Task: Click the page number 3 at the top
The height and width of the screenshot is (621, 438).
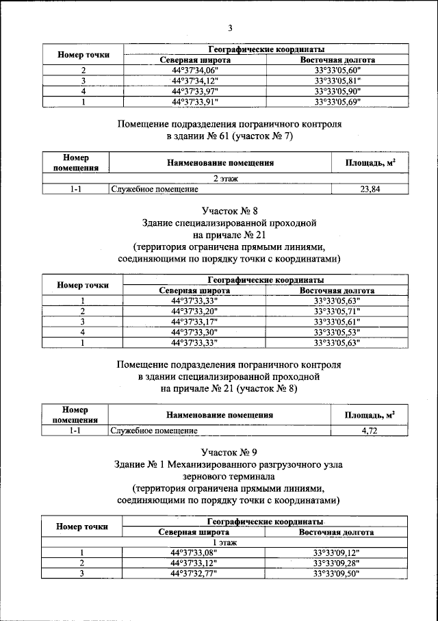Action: (230, 27)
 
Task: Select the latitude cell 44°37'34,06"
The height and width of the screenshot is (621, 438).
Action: (194, 71)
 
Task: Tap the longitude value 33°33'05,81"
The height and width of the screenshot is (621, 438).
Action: (337, 81)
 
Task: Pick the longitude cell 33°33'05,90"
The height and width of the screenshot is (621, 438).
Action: (337, 91)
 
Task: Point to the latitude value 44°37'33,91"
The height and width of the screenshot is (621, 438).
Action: (194, 101)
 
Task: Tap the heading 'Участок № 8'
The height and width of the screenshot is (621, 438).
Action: (229, 211)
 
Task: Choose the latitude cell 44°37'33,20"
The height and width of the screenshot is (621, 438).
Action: (194, 311)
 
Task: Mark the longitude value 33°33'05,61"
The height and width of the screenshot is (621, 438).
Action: (337, 321)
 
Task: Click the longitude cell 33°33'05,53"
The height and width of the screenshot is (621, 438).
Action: (337, 332)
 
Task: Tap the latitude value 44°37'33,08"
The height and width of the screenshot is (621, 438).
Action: (194, 553)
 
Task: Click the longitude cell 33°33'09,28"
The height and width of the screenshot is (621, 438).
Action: (337, 563)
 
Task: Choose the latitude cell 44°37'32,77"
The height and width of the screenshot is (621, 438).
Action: (194, 574)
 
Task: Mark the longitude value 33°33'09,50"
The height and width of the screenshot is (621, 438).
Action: (337, 574)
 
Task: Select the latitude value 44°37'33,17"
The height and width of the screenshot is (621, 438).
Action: (194, 321)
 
